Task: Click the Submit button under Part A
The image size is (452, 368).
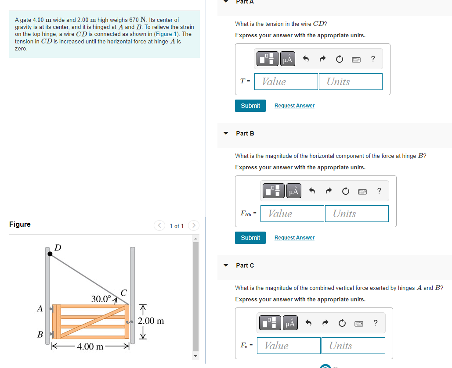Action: pyautogui.click(x=250, y=106)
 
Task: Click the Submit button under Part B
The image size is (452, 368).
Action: pyautogui.click(x=250, y=238)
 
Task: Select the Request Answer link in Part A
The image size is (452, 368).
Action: pyautogui.click(x=294, y=106)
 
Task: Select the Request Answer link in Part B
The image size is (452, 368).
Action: pyautogui.click(x=294, y=238)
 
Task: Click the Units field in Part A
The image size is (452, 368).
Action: pyautogui.click(x=354, y=82)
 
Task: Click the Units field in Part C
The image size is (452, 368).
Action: pyautogui.click(x=353, y=346)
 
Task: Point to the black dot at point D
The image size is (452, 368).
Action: pyautogui.click(x=50, y=253)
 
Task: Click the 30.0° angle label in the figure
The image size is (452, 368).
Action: pyautogui.click(x=101, y=299)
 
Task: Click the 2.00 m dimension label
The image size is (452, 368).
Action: pyautogui.click(x=151, y=321)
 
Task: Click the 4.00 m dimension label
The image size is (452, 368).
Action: pyautogui.click(x=90, y=347)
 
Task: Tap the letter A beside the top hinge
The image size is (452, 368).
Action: pyautogui.click(x=40, y=309)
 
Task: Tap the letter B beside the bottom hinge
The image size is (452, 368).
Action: pyautogui.click(x=40, y=335)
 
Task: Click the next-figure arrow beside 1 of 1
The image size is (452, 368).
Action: pyautogui.click(x=193, y=225)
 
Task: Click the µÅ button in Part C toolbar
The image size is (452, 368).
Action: pyautogui.click(x=290, y=323)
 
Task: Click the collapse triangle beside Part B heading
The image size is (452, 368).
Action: pyautogui.click(x=226, y=133)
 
